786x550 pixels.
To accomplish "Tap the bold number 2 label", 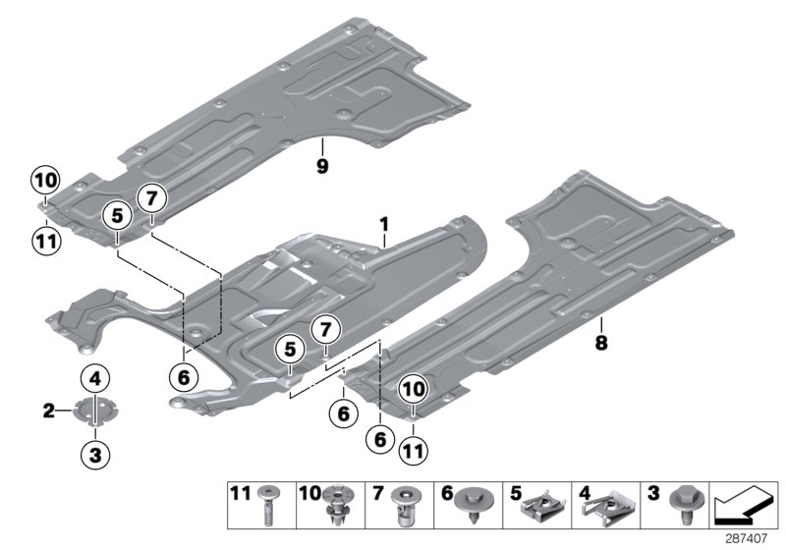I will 48,412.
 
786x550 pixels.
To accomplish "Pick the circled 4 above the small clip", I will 95,378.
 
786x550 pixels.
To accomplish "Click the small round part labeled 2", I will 95,413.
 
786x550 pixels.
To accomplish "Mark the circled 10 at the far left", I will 45,180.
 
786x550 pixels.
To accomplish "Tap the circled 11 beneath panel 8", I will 412,452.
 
